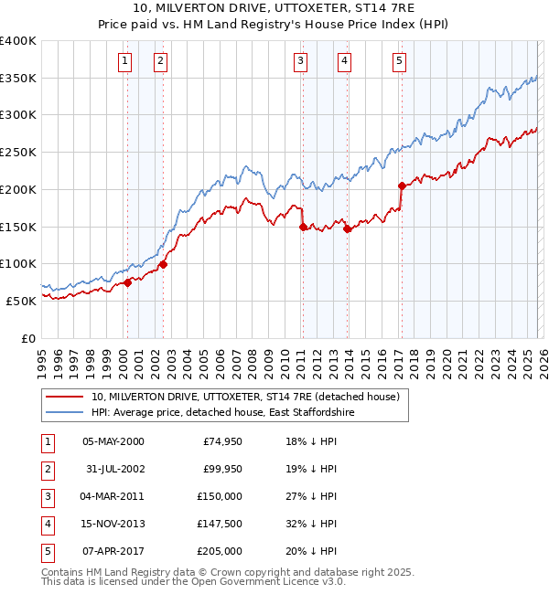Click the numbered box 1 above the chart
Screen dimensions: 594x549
point(124,61)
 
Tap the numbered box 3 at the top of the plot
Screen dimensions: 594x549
point(300,61)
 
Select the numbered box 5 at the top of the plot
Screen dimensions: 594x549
point(400,61)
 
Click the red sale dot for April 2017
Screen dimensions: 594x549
point(402,186)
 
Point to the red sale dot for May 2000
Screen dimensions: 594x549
point(128,282)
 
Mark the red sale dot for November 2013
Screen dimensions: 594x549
point(347,229)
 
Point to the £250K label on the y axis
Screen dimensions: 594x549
point(18,152)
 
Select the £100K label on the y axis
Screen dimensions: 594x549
point(18,263)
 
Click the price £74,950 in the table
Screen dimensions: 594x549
point(221,441)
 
